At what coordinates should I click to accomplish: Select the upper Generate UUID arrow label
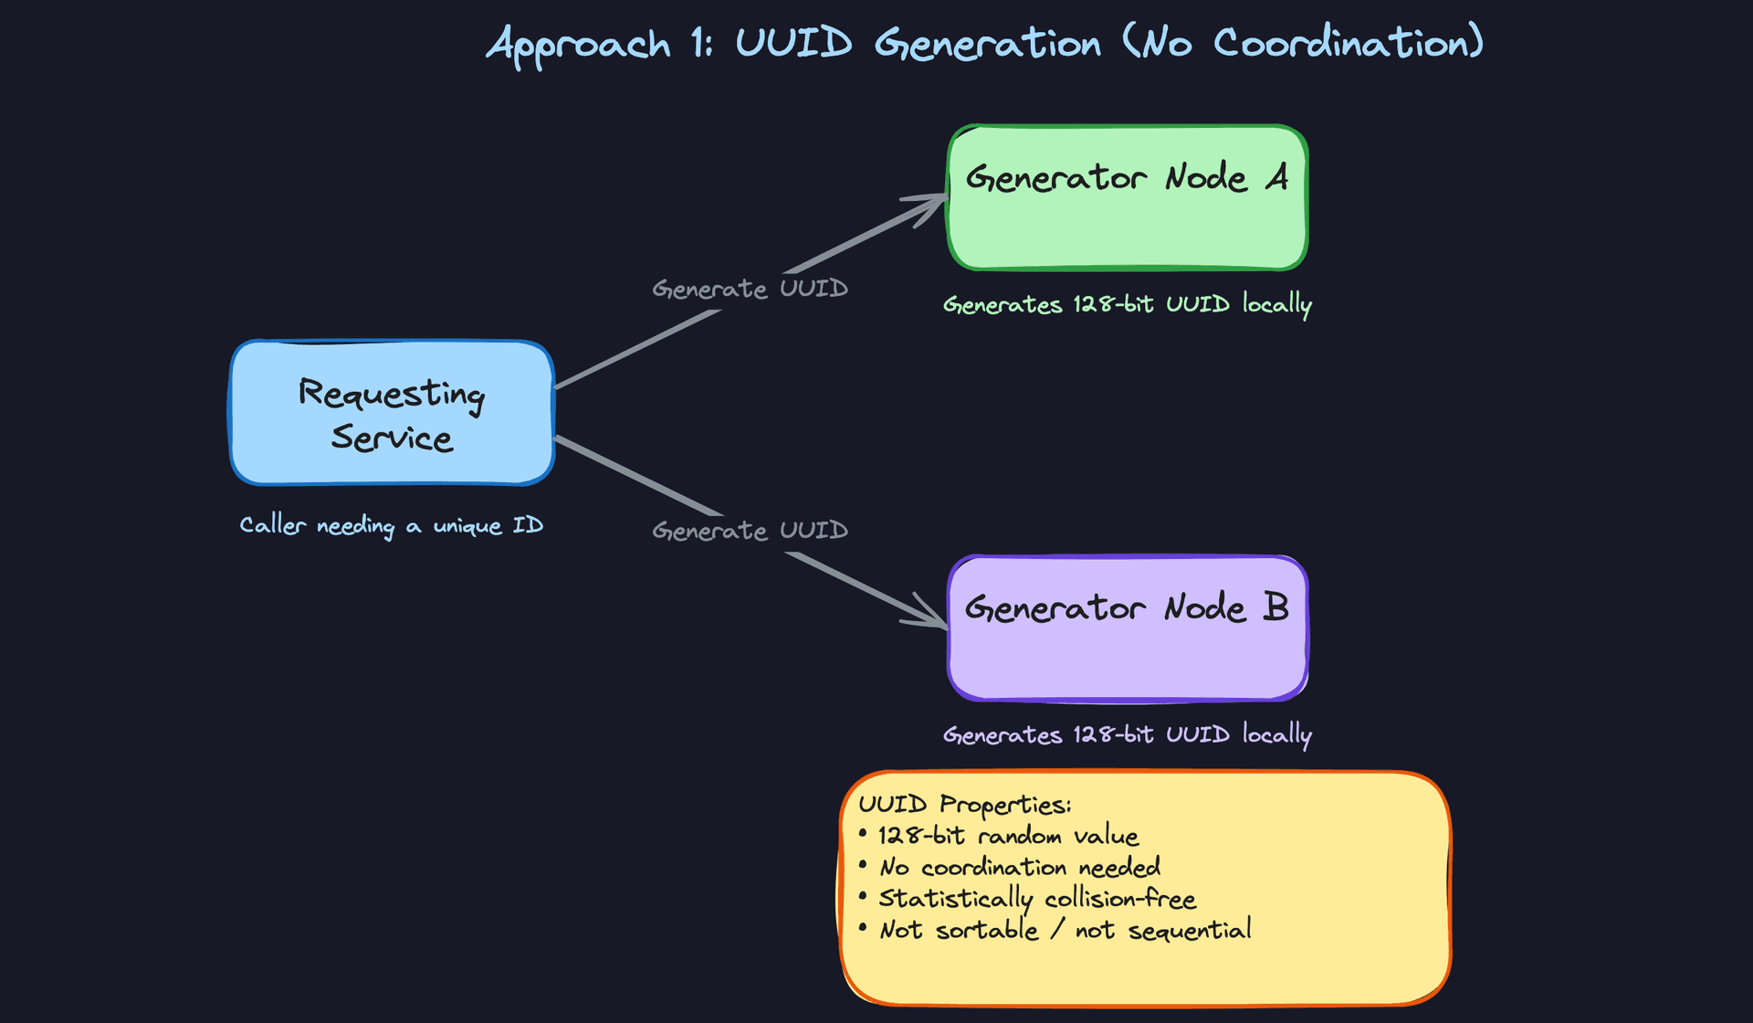[x=750, y=289]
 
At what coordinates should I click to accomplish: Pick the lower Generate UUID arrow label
[x=750, y=531]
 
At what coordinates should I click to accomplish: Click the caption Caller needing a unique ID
[x=391, y=525]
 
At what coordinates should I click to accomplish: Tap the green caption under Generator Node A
[x=1127, y=304]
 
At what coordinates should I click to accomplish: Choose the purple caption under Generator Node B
[x=1127, y=734]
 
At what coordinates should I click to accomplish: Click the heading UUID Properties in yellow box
[x=964, y=805]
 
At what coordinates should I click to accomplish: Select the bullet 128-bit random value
[x=1008, y=836]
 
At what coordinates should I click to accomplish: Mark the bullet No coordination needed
[x=1020, y=867]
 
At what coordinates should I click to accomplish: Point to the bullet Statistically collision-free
[x=1037, y=899]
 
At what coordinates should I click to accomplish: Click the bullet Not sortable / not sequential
[x=1065, y=930]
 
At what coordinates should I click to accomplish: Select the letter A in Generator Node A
[x=1277, y=176]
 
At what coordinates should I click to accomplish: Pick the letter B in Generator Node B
[x=1275, y=607]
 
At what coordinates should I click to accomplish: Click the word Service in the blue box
[x=392, y=438]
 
